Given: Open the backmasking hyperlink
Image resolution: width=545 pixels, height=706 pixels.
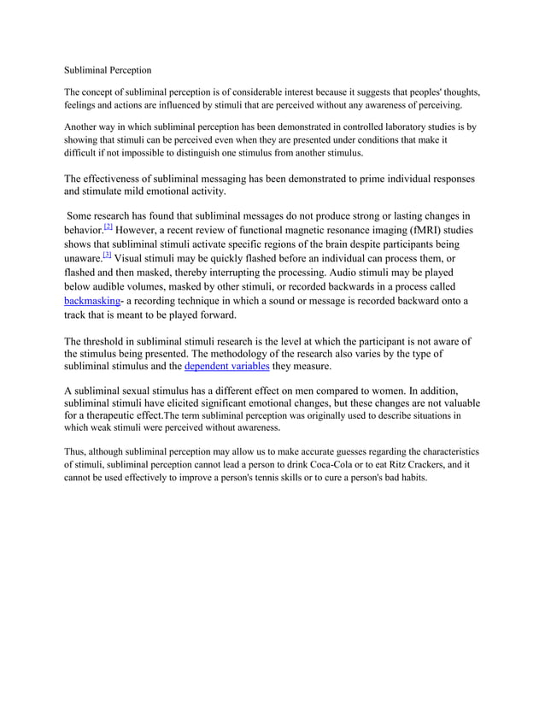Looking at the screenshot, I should (94, 302).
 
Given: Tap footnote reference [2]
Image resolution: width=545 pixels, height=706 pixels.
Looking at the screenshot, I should (108, 227).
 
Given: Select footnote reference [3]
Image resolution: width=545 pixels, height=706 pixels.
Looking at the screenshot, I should (106, 256).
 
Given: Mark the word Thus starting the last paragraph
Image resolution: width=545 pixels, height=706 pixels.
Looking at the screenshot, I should (77, 450).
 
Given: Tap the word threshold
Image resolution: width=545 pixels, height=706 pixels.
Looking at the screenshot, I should (111, 340).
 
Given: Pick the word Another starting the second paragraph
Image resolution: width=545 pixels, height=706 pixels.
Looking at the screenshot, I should (85, 126).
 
